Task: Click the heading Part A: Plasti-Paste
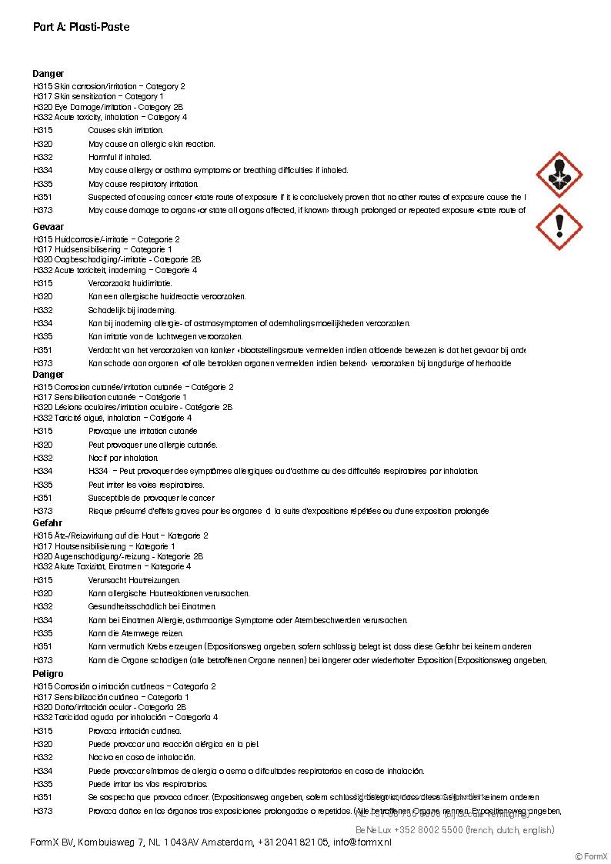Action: (81, 27)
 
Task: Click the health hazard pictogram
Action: (559, 174)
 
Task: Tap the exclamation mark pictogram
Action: (559, 226)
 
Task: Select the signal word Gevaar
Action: (48, 228)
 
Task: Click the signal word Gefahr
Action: (48, 523)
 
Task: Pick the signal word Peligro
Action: (48, 674)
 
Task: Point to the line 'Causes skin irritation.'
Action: (125, 131)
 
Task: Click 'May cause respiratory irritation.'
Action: (143, 184)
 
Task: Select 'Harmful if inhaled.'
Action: (119, 157)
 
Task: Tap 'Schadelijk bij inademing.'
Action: (132, 310)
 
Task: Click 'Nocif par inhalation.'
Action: (123, 458)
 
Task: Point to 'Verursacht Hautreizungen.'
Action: (135, 580)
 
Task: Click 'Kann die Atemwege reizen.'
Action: (135, 633)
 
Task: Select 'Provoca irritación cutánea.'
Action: (135, 731)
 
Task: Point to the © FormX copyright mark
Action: (591, 856)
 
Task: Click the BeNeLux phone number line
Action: (454, 830)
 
